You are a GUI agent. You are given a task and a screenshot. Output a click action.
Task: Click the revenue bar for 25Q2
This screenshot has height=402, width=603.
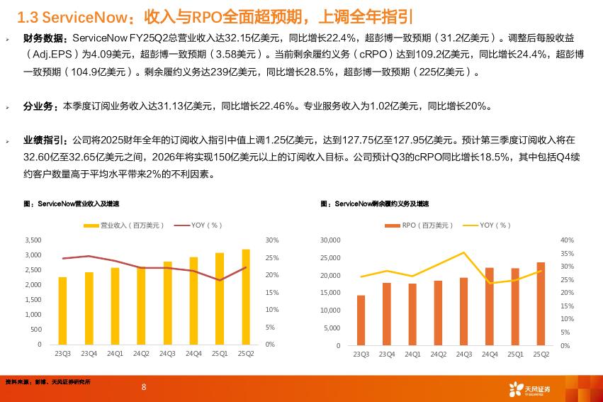[245, 298]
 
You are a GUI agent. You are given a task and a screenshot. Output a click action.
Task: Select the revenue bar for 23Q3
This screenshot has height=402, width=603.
[62, 311]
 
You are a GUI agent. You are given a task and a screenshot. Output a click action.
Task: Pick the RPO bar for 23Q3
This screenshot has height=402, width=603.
[361, 319]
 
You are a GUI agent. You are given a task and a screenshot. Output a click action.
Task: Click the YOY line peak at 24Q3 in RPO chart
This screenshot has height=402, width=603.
[464, 252]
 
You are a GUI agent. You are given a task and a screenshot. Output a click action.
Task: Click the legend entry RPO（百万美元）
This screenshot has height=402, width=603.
[419, 225]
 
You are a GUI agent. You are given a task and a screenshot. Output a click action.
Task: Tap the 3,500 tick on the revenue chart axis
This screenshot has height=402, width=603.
[33, 240]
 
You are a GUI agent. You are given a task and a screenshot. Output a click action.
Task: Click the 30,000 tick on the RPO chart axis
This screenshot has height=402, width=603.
[331, 240]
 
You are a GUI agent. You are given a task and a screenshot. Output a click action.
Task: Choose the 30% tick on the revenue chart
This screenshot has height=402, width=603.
[271, 240]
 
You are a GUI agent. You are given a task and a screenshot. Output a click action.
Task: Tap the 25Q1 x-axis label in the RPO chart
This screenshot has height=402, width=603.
[515, 354]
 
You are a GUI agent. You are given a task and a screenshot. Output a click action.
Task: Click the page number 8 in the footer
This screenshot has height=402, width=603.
[144, 386]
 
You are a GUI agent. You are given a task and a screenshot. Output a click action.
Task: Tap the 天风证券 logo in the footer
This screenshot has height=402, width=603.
[530, 388]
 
